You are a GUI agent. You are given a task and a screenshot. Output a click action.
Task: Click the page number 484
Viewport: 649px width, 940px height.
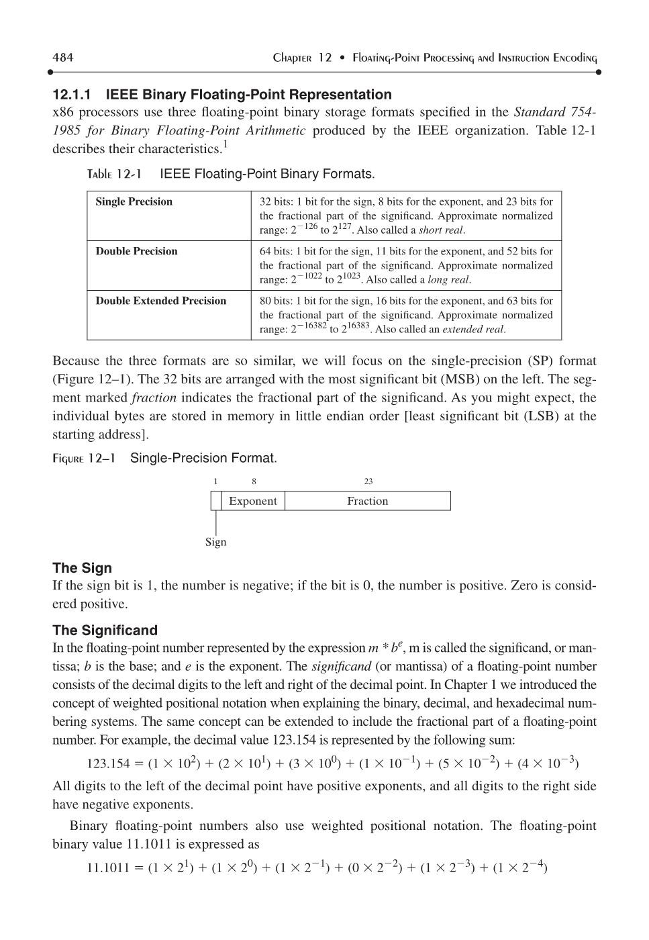pos(63,57)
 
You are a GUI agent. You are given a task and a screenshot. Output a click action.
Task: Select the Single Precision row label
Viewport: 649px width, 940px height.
pos(134,201)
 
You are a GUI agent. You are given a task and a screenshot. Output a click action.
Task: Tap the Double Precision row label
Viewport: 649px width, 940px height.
pos(136,251)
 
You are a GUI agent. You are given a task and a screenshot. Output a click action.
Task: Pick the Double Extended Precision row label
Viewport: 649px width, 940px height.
pos(160,301)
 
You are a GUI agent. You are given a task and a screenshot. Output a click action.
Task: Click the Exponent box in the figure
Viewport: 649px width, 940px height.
pos(252,501)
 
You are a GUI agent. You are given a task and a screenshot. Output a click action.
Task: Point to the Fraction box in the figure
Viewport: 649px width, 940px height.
pos(367,501)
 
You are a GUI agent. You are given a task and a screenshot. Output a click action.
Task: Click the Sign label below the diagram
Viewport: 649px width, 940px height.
pos(215,542)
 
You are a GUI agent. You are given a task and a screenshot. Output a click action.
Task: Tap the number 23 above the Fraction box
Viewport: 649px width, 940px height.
pos(368,481)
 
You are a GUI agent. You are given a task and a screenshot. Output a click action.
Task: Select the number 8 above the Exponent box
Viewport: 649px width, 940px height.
pos(254,481)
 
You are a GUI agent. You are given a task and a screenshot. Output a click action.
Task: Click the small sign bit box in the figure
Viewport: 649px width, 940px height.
pos(215,501)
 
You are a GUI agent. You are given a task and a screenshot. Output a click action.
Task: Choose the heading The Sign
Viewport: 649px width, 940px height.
pos(82,568)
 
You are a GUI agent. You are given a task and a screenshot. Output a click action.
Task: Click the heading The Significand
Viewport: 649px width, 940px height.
pos(105,630)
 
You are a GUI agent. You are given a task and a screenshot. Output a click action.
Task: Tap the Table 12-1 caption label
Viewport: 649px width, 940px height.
pos(114,175)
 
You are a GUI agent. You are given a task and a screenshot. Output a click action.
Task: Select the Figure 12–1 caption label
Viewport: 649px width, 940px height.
pos(84,459)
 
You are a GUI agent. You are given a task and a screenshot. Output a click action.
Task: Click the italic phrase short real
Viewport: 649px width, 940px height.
pos(441,230)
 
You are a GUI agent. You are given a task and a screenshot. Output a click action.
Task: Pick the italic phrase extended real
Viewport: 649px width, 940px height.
pos(473,330)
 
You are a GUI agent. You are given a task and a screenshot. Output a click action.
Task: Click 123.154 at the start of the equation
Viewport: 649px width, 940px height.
pos(108,764)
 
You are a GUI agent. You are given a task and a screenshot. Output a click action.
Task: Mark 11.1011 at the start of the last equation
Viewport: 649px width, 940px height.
pos(108,868)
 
